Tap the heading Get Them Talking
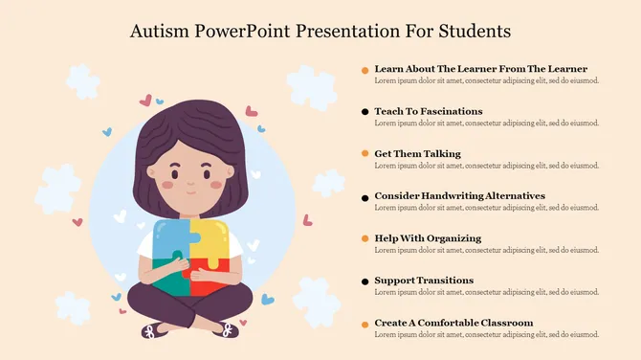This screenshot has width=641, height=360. click(x=417, y=153)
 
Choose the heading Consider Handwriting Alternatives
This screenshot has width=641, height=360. click(x=459, y=195)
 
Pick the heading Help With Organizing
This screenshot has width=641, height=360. click(x=428, y=237)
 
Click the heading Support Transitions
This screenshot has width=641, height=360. click(x=424, y=280)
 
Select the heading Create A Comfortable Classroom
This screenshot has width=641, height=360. click(x=453, y=322)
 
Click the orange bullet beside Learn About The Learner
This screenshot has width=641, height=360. click(x=365, y=71)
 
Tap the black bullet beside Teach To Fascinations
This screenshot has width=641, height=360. click(x=365, y=113)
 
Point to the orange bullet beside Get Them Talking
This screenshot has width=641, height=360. click(x=365, y=155)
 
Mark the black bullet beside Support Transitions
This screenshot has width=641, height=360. click(x=365, y=281)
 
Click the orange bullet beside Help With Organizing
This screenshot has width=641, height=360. click(x=365, y=239)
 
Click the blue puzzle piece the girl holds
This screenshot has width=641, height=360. click(x=170, y=239)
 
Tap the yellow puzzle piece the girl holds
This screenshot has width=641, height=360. click(x=210, y=239)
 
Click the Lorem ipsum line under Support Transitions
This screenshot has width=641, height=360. click(x=486, y=292)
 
